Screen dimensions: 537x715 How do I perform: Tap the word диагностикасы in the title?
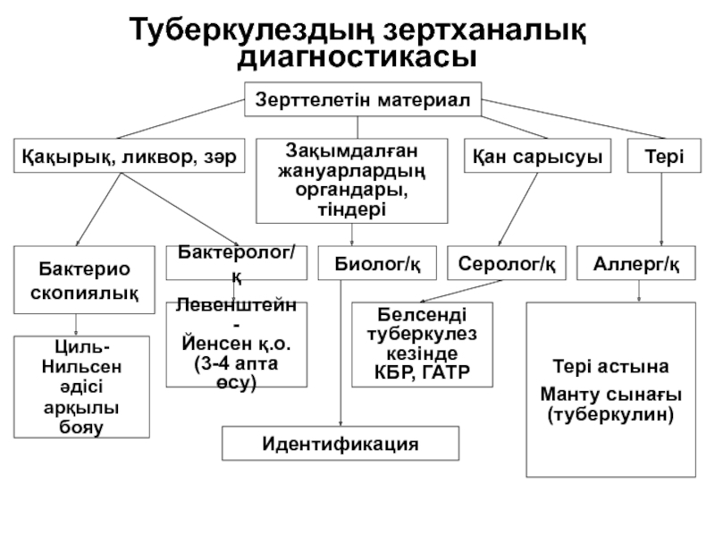(357, 57)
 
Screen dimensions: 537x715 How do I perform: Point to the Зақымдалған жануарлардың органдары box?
(351, 179)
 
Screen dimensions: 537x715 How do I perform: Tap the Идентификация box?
(341, 443)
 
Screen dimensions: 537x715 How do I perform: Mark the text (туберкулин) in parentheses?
(610, 415)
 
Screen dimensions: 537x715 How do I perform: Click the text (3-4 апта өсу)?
(237, 374)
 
